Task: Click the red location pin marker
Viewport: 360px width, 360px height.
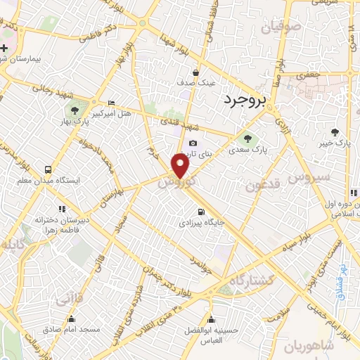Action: pos(181,167)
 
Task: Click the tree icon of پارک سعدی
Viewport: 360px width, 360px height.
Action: pos(245,136)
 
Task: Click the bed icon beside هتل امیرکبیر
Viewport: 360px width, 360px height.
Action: pos(111,103)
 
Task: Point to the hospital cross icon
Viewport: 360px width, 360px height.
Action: pos(4,48)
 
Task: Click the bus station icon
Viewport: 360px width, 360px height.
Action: pos(48,169)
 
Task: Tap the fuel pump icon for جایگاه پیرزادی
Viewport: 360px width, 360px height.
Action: pos(202,212)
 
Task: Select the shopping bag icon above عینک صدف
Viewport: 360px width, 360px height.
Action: pos(195,72)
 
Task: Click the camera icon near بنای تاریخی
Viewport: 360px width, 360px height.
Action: pos(193,143)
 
